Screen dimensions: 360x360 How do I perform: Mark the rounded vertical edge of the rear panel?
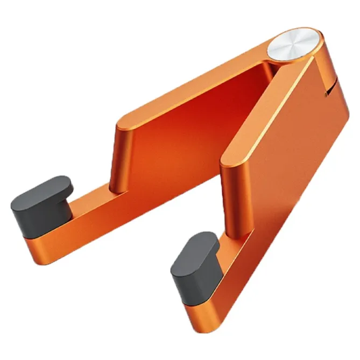(121, 156)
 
